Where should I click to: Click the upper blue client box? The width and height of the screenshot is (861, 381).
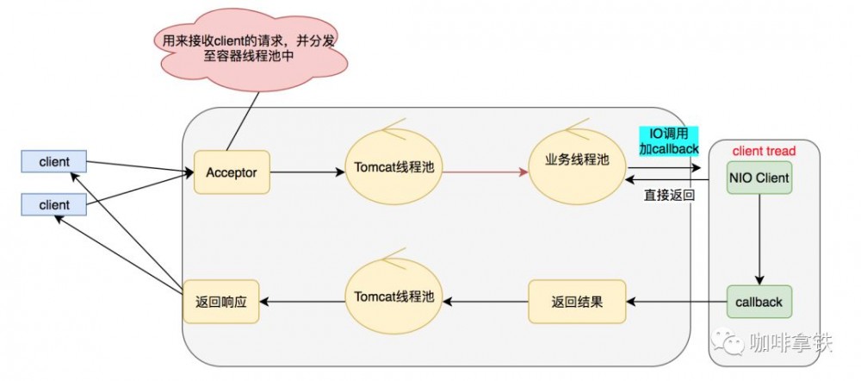[53, 161]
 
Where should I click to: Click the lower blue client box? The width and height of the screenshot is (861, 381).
[53, 206]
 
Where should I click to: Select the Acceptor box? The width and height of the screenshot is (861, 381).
[232, 172]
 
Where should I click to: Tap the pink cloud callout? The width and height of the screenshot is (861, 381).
[249, 48]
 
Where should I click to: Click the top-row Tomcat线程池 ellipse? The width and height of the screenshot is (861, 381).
[393, 167]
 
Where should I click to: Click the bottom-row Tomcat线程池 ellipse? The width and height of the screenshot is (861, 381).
[393, 297]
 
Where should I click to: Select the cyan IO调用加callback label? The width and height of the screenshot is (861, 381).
[667, 141]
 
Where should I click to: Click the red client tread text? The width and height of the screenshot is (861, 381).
[764, 151]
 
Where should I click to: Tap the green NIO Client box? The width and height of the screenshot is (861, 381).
[759, 178]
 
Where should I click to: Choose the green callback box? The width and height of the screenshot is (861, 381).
[759, 302]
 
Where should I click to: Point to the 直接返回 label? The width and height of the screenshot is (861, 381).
[669, 195]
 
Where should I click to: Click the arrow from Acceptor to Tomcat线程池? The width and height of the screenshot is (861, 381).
[307, 172]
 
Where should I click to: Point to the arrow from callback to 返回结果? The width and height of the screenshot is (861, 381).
[676, 302]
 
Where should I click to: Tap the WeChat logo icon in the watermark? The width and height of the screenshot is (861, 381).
[733, 344]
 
